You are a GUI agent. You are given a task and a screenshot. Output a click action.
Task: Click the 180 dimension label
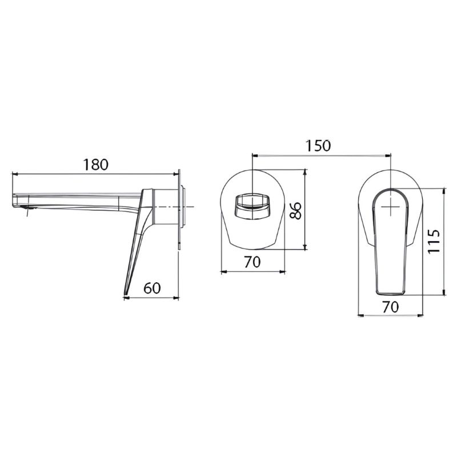tap(95, 165)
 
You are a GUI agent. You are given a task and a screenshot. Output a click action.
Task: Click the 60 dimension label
tap(152, 288)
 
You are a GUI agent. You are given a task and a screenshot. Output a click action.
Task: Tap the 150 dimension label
tap(318, 146)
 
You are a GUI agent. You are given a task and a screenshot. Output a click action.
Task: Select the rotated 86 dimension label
tap(296, 210)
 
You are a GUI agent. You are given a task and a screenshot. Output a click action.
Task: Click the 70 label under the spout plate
tap(252, 262)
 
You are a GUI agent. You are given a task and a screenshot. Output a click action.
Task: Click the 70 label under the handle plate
tap(391, 307)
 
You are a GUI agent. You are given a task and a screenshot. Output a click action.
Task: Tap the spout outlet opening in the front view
tap(252, 206)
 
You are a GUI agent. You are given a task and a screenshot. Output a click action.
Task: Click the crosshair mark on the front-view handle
tap(391, 206)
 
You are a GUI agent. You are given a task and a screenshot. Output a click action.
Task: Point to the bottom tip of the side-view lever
tap(125, 294)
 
